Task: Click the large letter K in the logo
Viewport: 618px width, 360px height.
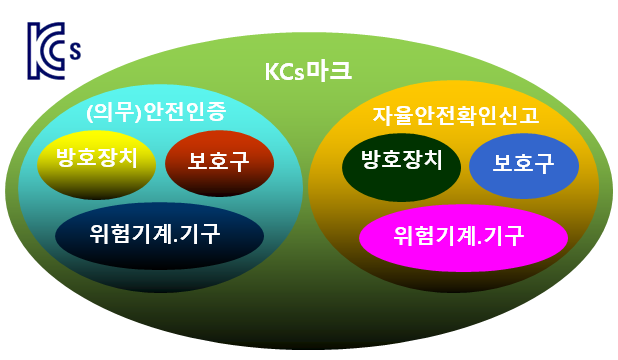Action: pyautogui.click(x=38, y=46)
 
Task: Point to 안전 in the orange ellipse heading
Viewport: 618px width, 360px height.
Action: pyautogui.click(x=438, y=115)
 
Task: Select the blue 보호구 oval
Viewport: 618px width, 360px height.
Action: pyautogui.click(x=523, y=164)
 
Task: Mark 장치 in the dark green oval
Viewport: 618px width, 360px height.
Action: pyautogui.click(x=420, y=160)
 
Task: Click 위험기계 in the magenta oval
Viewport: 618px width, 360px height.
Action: pyautogui.click(x=432, y=236)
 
